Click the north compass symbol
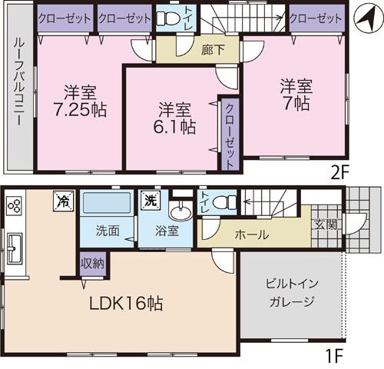pos(361,15)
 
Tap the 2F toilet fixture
pos(166,21)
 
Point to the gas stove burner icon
pos(14,206)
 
